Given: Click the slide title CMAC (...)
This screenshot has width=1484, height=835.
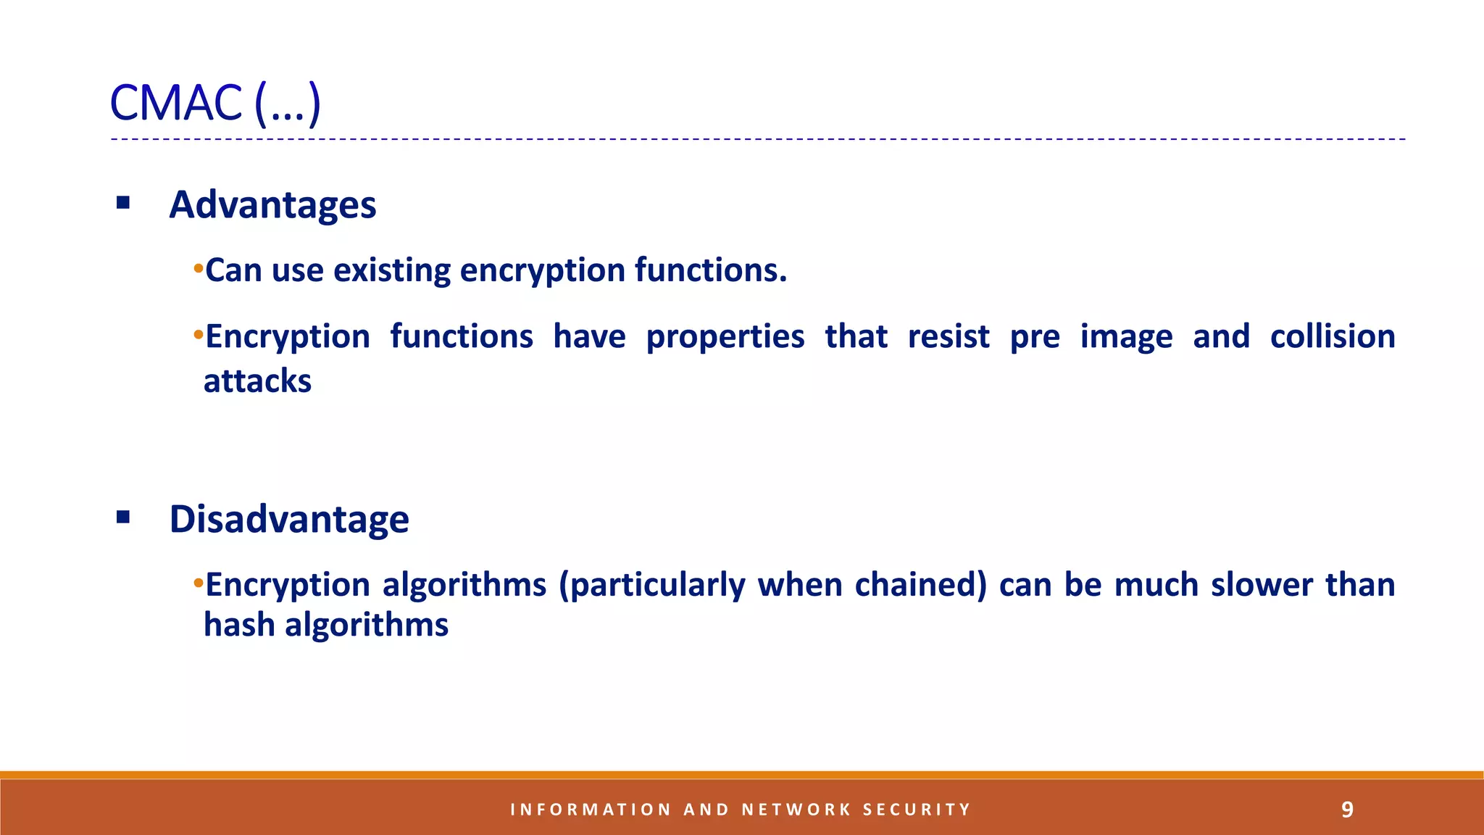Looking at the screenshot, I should point(214,103).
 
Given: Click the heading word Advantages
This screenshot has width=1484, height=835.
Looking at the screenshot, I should point(272,204).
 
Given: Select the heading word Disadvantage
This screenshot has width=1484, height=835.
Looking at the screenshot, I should point(288,519).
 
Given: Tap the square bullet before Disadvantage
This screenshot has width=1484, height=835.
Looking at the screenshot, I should point(123,517).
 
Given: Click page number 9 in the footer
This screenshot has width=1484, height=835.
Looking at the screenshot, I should point(1347,809).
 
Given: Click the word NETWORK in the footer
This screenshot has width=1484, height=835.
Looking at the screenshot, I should point(796,810).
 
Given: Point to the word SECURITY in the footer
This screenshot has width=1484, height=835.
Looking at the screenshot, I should point(916,810).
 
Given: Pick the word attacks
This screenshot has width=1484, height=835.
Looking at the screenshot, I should point(257,381).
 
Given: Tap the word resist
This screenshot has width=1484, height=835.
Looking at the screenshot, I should point(948,336).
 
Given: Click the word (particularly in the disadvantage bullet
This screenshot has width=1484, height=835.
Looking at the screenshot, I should point(651,586).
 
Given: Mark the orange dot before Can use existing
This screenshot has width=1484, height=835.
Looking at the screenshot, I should point(198,270).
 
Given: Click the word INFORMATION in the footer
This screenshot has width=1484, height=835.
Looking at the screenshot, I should point(591,810).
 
